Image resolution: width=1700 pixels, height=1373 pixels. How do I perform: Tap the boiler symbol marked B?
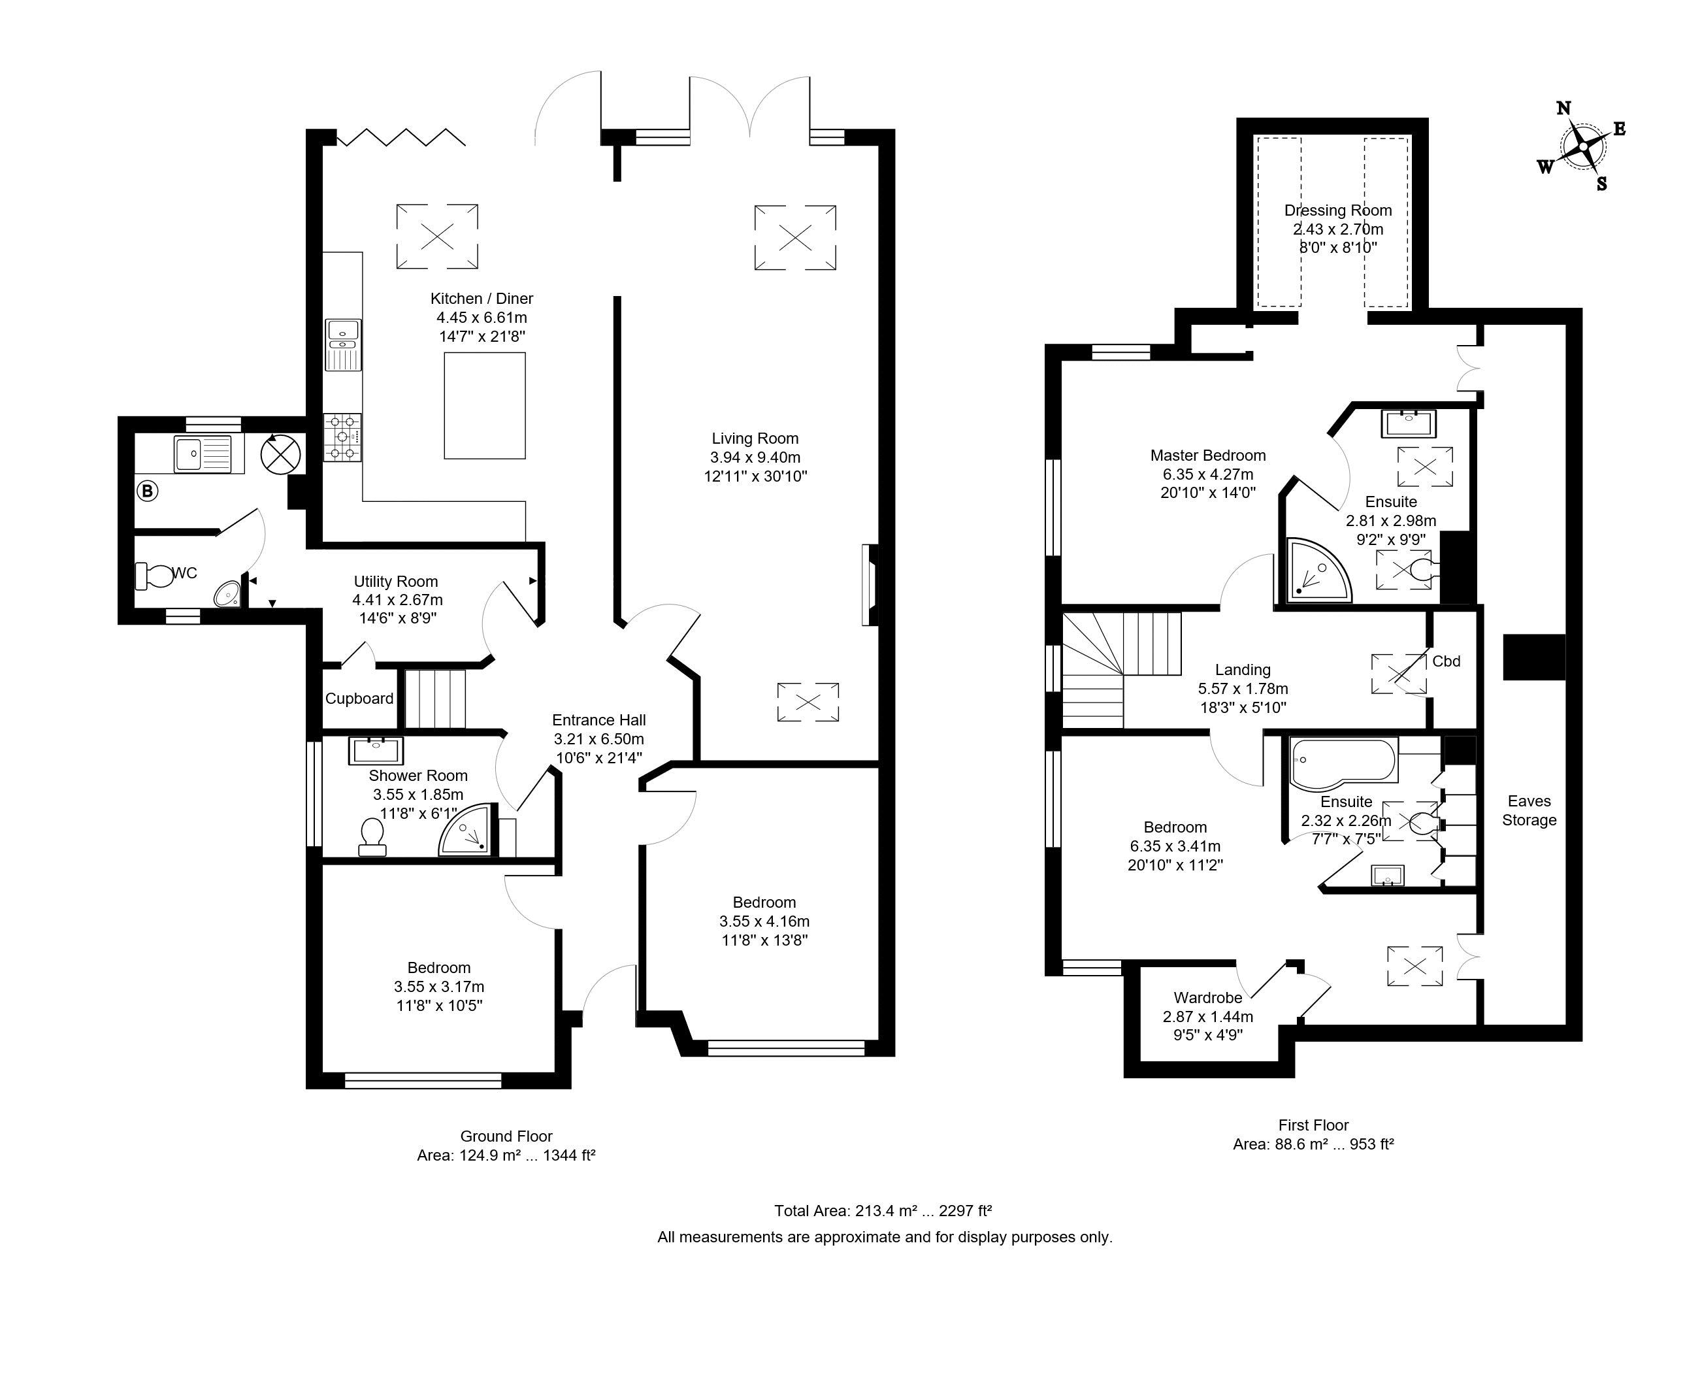[147, 491]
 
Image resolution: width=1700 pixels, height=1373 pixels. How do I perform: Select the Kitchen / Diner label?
[482, 298]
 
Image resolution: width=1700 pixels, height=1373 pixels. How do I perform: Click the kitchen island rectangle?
[485, 406]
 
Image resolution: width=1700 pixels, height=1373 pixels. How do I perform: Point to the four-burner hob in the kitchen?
[342, 437]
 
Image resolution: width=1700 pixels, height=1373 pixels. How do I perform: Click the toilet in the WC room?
[154, 576]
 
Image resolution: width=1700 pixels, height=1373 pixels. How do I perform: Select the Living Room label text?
[755, 438]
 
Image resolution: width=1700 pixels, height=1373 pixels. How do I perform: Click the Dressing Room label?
[1338, 210]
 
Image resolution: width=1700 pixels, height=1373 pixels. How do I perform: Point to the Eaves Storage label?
[1529, 811]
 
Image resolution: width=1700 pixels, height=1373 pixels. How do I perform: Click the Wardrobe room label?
[1207, 998]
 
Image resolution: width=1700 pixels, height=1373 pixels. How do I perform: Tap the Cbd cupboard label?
[1447, 661]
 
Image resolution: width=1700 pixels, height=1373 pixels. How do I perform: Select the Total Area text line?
[883, 1210]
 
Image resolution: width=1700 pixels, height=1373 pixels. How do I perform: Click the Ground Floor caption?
[506, 1136]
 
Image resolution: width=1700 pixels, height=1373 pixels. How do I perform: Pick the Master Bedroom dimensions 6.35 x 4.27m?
[1208, 474]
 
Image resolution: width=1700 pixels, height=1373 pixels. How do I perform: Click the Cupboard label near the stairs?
[359, 699]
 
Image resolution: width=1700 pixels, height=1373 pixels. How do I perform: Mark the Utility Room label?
[395, 582]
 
